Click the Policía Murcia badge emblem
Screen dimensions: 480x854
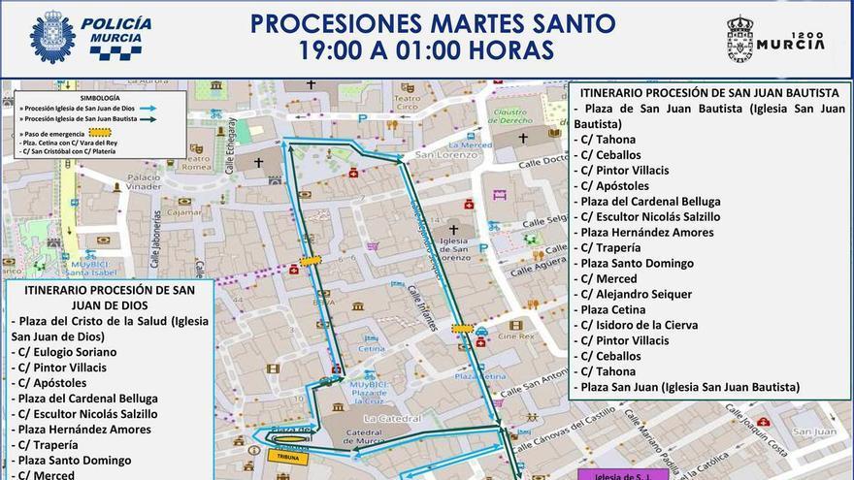[52, 38]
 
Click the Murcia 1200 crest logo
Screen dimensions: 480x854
[740, 39]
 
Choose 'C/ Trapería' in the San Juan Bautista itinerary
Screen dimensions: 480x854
[609, 247]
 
